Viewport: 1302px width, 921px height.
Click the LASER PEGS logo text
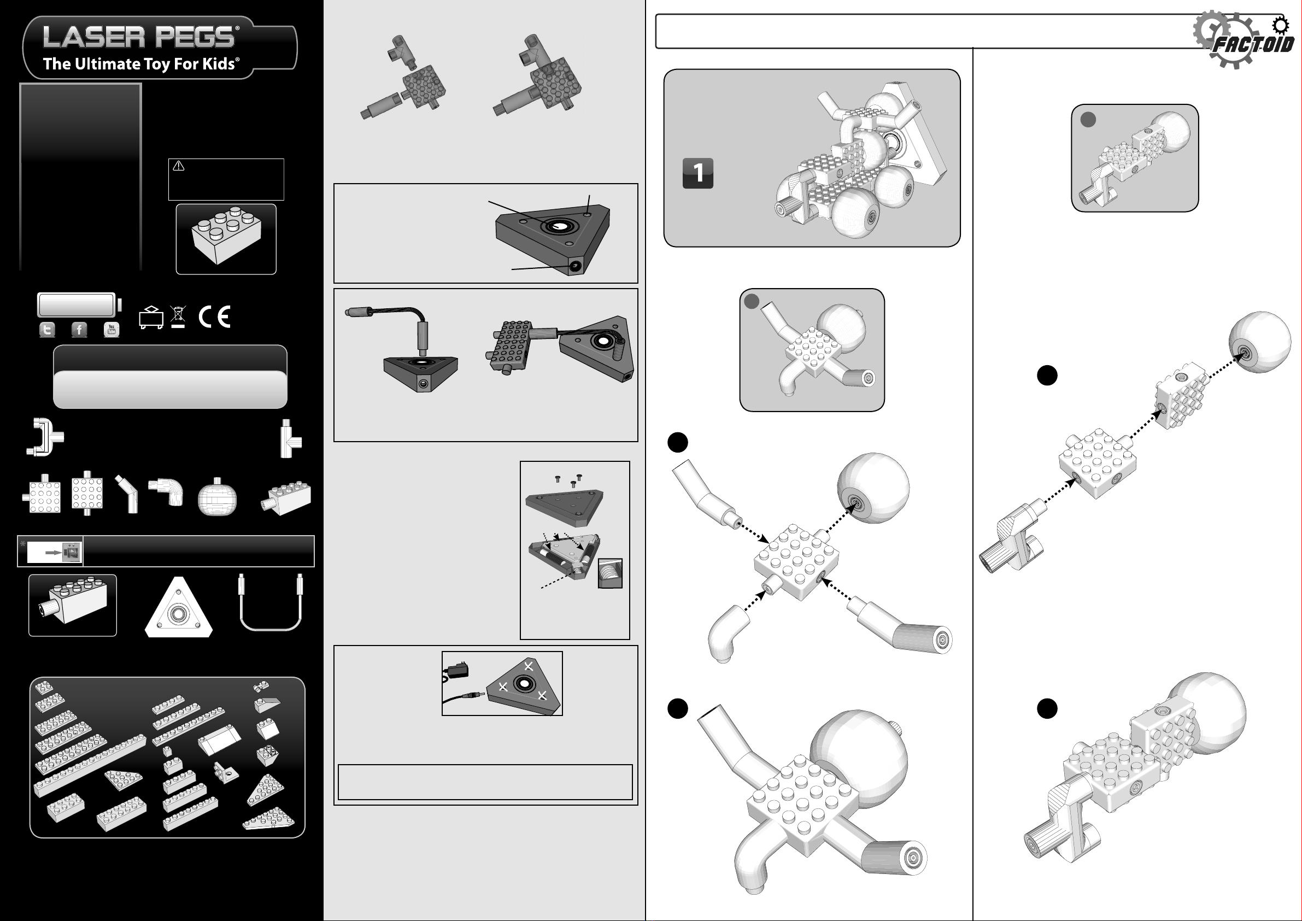[x=139, y=37]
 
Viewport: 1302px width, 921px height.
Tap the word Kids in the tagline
[x=218, y=63]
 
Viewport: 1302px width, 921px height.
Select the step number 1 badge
[x=697, y=173]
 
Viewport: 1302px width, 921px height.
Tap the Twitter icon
[x=47, y=330]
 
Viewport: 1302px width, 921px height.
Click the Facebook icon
[x=79, y=330]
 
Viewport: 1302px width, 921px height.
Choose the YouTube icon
[x=112, y=330]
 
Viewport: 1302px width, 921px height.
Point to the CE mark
[x=214, y=316]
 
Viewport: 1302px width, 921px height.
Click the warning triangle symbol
[x=179, y=166]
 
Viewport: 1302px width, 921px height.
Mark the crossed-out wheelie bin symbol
[x=178, y=317]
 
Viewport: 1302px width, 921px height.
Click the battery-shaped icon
[x=79, y=304]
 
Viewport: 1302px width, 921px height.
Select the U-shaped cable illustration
[x=271, y=602]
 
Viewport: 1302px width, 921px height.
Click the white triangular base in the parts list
[x=179, y=608]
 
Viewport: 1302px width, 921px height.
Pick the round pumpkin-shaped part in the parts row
[x=217, y=497]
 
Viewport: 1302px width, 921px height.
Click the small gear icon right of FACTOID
[x=1280, y=26]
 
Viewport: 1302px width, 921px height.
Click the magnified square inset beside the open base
[x=610, y=573]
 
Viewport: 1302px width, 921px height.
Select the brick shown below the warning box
[x=226, y=236]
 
